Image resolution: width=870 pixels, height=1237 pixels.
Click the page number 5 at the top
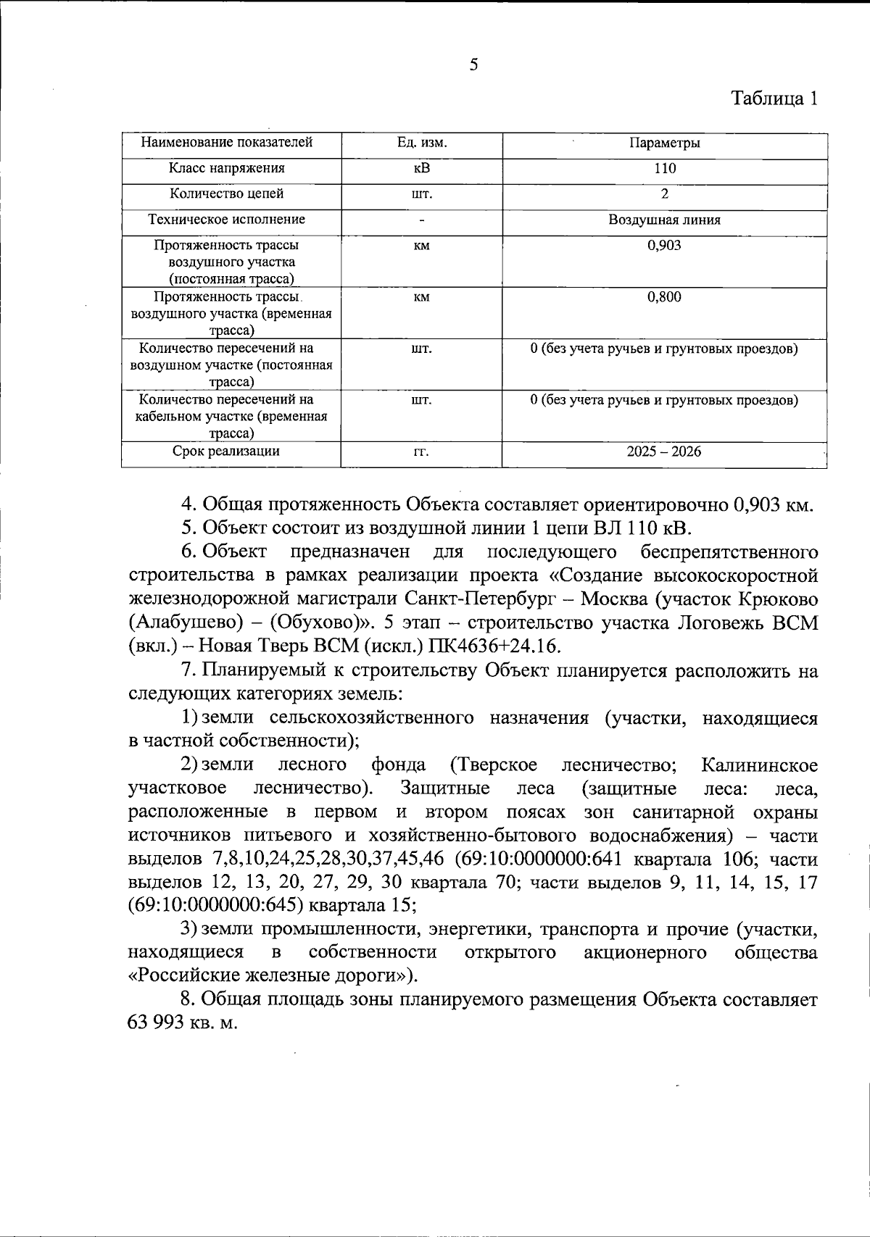coord(473,65)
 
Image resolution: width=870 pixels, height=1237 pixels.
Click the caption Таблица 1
coord(774,99)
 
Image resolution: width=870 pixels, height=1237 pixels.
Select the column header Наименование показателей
coord(226,142)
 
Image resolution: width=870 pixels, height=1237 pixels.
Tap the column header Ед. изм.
coord(421,143)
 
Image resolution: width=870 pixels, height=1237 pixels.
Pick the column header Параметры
coord(664,143)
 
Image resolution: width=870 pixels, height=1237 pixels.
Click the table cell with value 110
coord(664,168)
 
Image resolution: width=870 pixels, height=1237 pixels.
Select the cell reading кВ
coord(421,168)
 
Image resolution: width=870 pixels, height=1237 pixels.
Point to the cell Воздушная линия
coord(664,220)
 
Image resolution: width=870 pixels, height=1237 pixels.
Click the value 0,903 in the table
coord(664,246)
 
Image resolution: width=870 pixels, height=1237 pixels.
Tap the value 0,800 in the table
coord(664,297)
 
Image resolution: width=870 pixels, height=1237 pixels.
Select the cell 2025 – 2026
coord(664,451)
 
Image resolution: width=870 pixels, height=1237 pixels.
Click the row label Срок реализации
coord(226,451)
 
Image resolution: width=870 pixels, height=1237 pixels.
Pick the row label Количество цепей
coord(226,193)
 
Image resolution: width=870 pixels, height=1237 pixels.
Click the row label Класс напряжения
coord(226,168)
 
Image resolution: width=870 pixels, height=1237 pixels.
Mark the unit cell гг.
coord(421,452)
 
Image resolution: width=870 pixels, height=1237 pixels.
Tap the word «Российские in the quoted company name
coord(178,975)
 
